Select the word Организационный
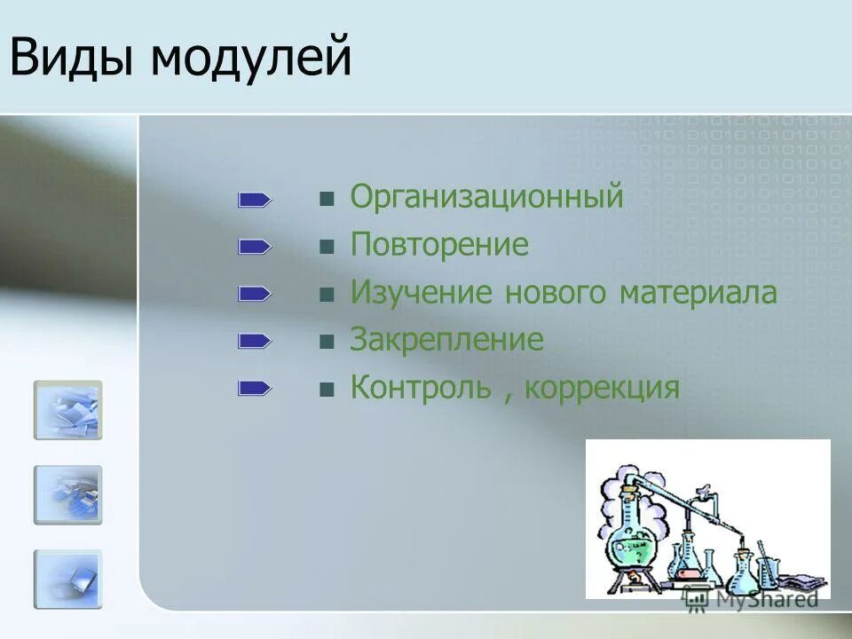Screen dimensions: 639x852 (486, 197)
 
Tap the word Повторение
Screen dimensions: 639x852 (439, 245)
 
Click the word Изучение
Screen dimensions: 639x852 (422, 293)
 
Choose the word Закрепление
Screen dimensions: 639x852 (446, 341)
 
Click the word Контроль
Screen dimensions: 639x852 (420, 388)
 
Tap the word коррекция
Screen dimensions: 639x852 (602, 389)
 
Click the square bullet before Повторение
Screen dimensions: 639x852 (327, 247)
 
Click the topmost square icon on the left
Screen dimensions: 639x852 (68, 410)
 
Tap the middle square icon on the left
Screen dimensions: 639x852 (68, 494)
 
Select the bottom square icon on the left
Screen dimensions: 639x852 (68, 579)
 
